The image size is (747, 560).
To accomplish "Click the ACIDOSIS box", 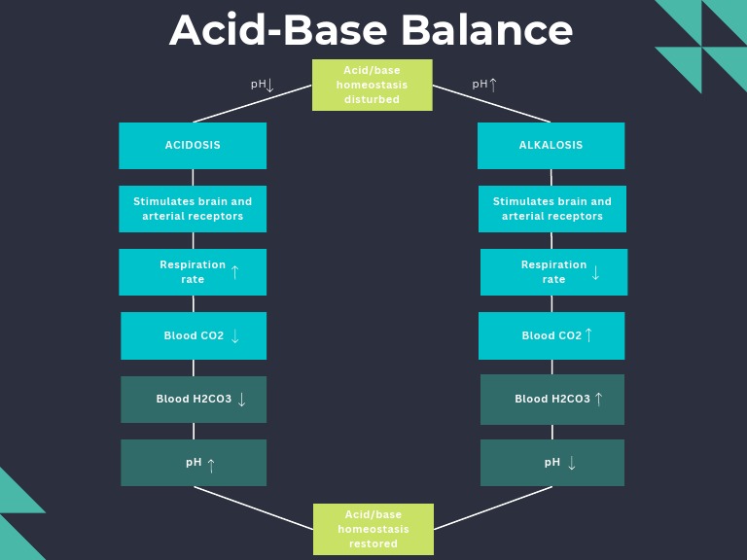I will click(x=193, y=146).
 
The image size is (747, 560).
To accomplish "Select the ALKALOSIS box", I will click(x=551, y=146).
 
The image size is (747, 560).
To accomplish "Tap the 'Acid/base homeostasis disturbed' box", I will click(x=372, y=85).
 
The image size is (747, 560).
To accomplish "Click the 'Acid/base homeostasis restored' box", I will click(x=373, y=529).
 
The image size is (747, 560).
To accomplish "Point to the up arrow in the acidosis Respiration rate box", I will click(x=234, y=272).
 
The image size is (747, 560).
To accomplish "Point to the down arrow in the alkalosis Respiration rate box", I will click(x=595, y=273).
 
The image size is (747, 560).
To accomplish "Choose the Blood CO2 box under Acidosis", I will click(x=193, y=335).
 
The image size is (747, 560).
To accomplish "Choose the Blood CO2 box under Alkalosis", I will click(x=551, y=335).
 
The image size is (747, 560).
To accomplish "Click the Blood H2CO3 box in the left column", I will click(x=193, y=400).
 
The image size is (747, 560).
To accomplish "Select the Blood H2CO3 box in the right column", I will click(x=551, y=400).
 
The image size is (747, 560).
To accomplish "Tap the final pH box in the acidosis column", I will click(x=193, y=463).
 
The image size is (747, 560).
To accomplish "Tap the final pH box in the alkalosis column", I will click(x=551, y=463).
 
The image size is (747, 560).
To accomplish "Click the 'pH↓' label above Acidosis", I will click(x=263, y=85).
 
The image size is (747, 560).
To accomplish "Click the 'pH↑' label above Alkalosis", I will click(x=484, y=85).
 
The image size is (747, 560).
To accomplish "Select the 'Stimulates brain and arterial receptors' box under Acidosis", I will click(x=193, y=209).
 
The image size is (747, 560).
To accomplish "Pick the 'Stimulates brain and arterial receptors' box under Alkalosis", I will click(x=551, y=209).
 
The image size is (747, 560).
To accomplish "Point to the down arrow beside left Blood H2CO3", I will click(x=241, y=400).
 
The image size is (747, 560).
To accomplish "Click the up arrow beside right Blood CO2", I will click(x=588, y=335).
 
